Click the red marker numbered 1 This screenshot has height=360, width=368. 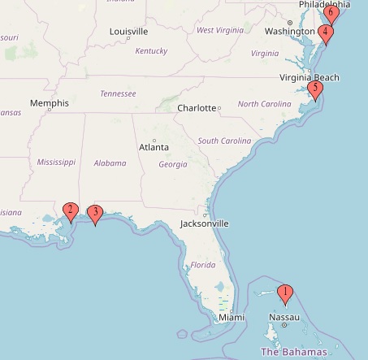285,293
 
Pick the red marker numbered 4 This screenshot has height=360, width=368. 326,34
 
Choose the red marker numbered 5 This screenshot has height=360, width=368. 315,90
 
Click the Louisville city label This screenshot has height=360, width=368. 128,32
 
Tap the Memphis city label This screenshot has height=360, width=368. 48,103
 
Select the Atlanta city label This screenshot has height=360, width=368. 154,147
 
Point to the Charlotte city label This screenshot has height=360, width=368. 196,107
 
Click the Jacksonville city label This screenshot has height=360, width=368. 204,223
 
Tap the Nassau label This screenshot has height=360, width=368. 284,316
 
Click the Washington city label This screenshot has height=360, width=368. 288,32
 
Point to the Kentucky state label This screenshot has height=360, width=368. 151,50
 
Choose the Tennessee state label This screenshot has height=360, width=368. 118,93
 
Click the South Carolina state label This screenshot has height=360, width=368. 221,140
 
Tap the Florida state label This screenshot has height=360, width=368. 203,266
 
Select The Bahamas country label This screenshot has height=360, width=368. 293,352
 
